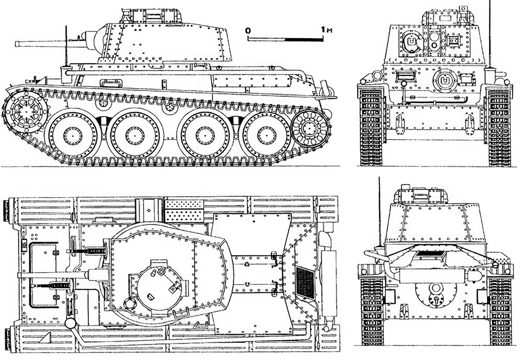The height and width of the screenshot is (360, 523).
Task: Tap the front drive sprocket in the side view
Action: (26, 111)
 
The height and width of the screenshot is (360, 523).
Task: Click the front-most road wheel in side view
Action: (72, 134)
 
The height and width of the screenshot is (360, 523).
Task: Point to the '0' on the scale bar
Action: (247, 30)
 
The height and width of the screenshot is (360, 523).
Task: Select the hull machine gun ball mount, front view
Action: (445, 80)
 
